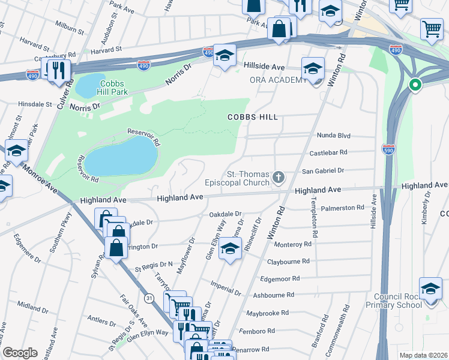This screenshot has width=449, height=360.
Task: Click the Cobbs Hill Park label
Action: click(x=120, y=88)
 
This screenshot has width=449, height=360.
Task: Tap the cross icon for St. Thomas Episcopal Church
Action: click(x=278, y=177)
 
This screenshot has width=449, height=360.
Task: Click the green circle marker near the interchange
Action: click(x=415, y=85)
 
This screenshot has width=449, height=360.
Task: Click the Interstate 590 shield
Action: click(x=388, y=149)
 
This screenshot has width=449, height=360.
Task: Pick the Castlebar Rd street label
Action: click(x=328, y=153)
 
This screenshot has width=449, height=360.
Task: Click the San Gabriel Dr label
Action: click(x=322, y=171)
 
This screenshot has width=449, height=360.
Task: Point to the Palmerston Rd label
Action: click(x=343, y=208)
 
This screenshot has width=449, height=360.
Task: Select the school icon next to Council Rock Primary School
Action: click(x=430, y=289)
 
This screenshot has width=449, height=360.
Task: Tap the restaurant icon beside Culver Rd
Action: click(x=58, y=70)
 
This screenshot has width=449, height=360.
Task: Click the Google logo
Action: click(x=20, y=353)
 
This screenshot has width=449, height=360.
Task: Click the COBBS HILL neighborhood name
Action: click(x=252, y=117)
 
